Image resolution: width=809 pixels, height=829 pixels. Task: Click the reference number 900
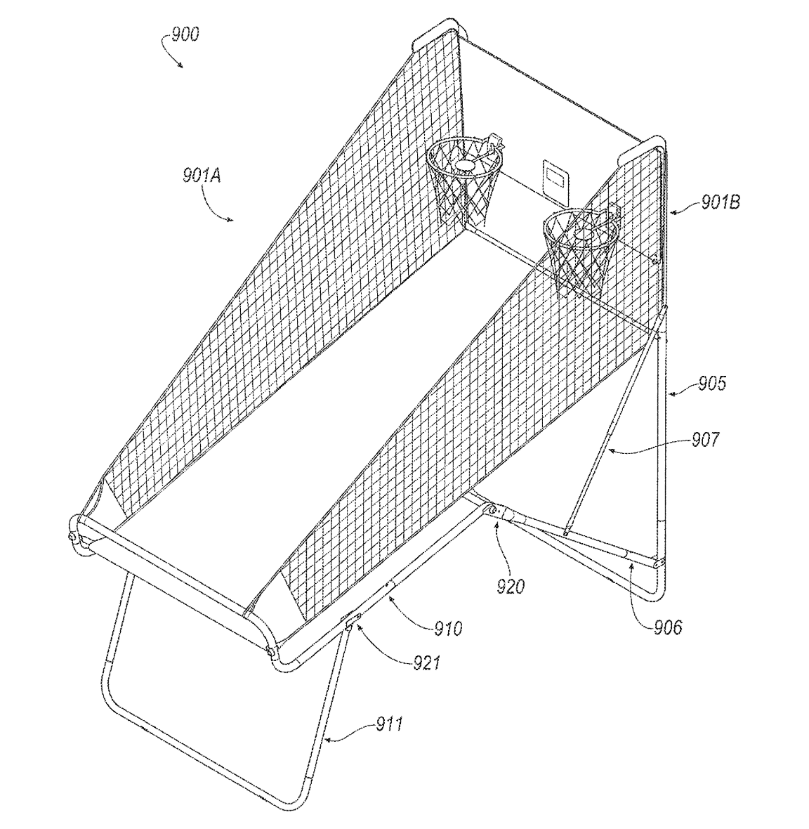185,35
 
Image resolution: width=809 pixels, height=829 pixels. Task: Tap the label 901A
202,175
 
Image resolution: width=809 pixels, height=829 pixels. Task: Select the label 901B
721,202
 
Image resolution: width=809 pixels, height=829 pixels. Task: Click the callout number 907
705,439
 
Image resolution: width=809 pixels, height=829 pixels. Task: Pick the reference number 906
668,627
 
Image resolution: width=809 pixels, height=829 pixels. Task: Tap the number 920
510,586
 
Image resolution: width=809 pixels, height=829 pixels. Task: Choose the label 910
448,628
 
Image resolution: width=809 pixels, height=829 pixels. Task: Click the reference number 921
426,662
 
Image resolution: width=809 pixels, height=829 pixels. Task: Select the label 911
390,723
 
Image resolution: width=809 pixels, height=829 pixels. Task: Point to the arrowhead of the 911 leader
327,740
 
